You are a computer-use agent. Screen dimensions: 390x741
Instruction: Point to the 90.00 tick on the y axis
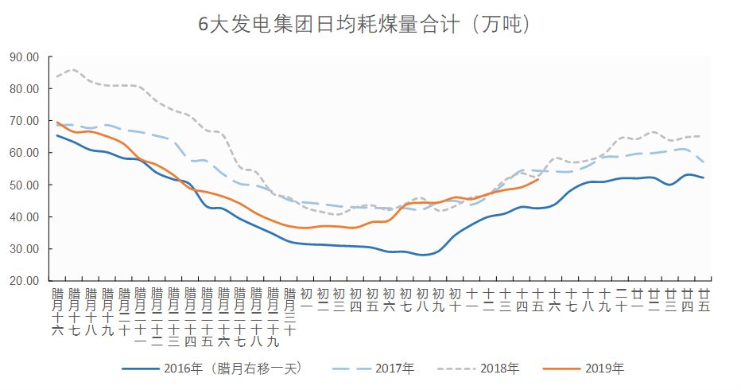(25, 57)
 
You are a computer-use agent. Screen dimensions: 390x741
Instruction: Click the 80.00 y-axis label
(25, 89)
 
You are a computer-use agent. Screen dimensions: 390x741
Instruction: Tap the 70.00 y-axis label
(25, 121)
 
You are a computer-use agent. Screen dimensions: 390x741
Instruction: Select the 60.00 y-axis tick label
(25, 153)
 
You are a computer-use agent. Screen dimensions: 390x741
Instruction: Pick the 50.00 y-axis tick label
(25, 185)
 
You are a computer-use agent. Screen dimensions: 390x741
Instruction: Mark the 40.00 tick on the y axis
(25, 217)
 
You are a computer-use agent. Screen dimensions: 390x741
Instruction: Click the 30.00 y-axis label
(25, 249)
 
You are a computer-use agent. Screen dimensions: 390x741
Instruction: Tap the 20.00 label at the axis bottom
(25, 281)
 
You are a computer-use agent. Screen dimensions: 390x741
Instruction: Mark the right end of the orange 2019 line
(539, 180)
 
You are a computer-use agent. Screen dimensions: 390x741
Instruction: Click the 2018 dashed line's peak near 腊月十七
(72, 70)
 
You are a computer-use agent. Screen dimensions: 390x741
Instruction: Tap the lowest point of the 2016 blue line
(424, 255)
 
